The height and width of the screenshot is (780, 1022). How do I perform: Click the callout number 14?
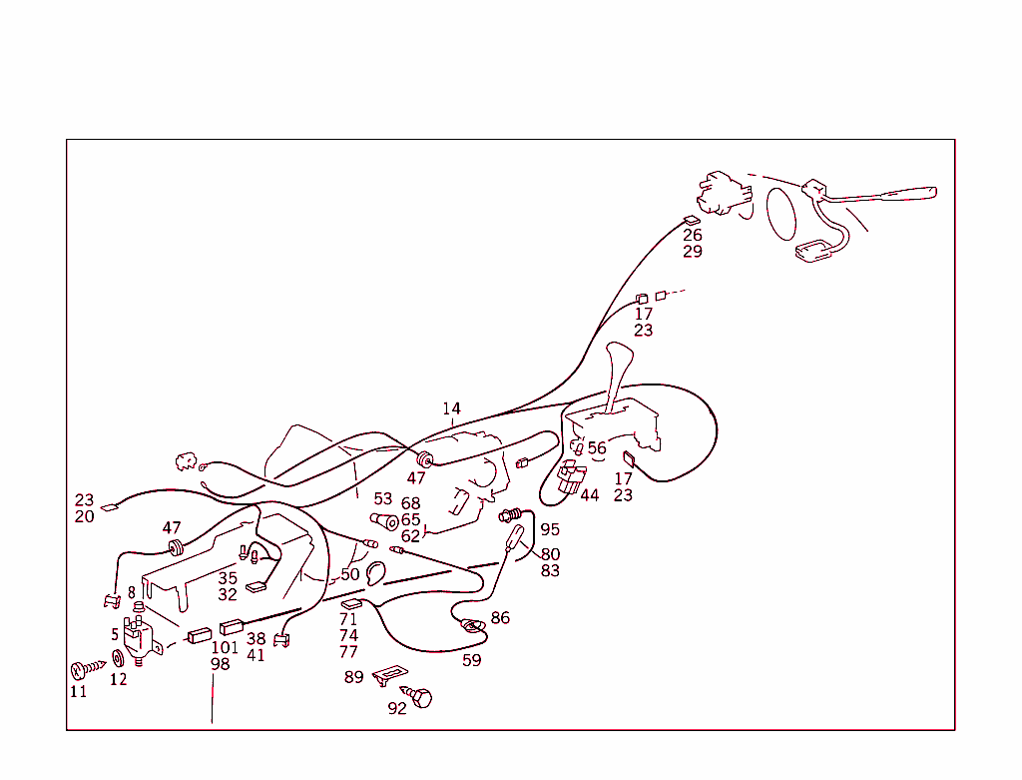[x=452, y=408]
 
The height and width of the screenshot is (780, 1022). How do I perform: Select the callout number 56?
[x=597, y=448]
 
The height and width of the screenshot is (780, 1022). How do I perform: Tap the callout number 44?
[x=590, y=495]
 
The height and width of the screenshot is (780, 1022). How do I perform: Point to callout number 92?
[x=397, y=709]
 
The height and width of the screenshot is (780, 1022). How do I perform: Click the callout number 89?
[x=354, y=677]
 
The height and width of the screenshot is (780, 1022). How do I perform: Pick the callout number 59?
[x=471, y=660]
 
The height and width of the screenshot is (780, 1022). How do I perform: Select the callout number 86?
[x=500, y=618]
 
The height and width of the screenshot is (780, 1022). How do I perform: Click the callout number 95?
[x=550, y=530]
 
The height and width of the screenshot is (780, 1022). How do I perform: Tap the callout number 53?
[x=383, y=499]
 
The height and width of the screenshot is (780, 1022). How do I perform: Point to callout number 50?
[x=349, y=575]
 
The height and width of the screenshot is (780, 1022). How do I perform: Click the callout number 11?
[x=78, y=691]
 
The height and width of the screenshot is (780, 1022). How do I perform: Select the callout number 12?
[x=119, y=680]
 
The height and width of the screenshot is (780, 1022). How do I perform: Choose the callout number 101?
[x=225, y=647]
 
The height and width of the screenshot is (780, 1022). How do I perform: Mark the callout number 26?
[x=693, y=236]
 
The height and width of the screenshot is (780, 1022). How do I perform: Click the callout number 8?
[x=131, y=593]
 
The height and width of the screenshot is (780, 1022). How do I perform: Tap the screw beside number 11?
[x=87, y=668]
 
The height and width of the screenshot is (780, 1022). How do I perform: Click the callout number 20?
[x=84, y=517]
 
